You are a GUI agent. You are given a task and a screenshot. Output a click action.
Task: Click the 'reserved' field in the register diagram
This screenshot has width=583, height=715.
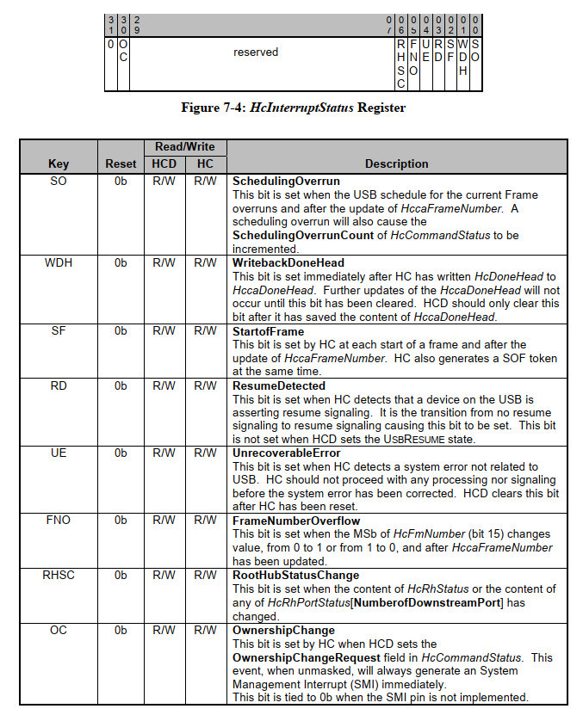pos(256,52)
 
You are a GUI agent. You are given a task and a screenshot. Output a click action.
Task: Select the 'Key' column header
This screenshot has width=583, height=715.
pos(59,163)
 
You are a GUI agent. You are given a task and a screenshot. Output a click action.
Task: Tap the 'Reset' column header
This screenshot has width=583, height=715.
pos(121,163)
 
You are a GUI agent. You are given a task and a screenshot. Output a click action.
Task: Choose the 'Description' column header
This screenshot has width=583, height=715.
pos(396,163)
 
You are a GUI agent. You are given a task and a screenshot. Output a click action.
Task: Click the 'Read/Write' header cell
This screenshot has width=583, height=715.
pos(185,147)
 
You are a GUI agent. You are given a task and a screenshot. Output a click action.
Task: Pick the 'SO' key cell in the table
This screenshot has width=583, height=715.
pos(59,182)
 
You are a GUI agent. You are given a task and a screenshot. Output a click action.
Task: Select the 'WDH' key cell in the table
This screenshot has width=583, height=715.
pos(59,262)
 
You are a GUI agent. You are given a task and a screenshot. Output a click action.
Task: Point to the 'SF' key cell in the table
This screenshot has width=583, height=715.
pos(59,330)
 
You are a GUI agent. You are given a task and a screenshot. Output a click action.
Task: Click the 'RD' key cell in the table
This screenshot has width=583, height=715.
pos(59,386)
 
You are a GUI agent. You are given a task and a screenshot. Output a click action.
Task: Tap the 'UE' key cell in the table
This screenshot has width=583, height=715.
pos(59,453)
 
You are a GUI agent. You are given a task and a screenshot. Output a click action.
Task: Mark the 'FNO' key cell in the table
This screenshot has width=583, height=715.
pos(59,521)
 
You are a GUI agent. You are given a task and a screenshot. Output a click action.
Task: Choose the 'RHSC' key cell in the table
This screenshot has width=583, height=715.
pos(59,575)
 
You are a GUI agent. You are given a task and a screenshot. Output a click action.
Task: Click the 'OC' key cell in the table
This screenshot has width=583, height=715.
pos(59,630)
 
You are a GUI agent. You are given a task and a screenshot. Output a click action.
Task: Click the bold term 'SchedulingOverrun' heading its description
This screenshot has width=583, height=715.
pos(286,182)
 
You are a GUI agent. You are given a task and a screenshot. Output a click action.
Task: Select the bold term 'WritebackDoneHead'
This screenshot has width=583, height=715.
pos(288,262)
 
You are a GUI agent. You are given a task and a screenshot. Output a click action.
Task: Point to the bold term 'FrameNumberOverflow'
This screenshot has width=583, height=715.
pos(296,521)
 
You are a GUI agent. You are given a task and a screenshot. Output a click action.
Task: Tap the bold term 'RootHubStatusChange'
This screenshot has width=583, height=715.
pos(296,575)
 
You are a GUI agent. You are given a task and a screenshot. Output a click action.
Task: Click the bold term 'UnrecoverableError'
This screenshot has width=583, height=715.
pos(287,453)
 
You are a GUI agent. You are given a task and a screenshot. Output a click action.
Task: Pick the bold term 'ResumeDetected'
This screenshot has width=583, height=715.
pos(279,386)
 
